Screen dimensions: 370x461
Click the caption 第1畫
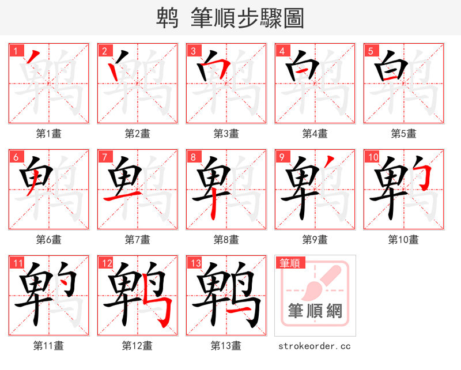(49, 134)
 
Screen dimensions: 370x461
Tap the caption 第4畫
(315, 134)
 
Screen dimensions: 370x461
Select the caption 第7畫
(138, 239)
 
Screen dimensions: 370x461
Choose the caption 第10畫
(403, 239)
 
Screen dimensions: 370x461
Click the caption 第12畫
(138, 346)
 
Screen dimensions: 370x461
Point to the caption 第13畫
(226, 346)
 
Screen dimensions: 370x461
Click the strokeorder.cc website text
(315, 346)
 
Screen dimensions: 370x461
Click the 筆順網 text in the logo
(315, 311)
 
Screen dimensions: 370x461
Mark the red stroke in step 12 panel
(163, 305)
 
